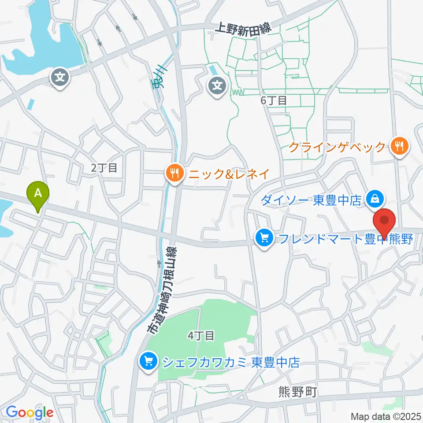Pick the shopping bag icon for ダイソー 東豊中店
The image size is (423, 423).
coord(374,199)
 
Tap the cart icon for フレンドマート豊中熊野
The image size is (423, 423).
coord(264,239)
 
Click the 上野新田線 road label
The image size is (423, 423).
coord(242,29)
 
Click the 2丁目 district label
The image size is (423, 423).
coord(104,167)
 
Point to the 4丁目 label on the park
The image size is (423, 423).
coord(201,336)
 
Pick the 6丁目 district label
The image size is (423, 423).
coord(274,100)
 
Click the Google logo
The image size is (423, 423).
coord(30,413)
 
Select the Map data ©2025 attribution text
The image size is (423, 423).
coord(386,416)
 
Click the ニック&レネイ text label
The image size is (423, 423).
coord(229,174)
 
